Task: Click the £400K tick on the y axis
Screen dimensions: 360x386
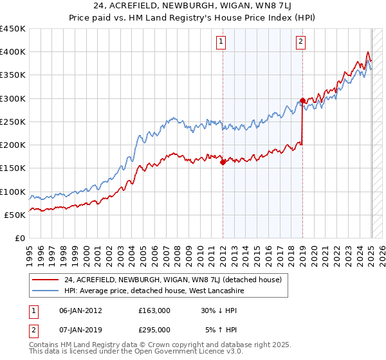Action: (x=13, y=52)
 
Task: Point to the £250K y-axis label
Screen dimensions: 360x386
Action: (x=13, y=122)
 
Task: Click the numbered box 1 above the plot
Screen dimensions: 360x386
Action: (x=221, y=42)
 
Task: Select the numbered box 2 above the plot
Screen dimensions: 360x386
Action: (x=300, y=42)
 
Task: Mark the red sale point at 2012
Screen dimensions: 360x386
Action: (x=223, y=163)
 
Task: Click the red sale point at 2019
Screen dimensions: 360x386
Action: (x=302, y=100)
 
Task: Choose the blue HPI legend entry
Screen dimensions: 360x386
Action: (x=154, y=291)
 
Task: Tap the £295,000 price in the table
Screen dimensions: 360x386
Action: (x=154, y=329)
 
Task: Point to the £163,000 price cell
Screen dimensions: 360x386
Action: (x=154, y=310)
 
